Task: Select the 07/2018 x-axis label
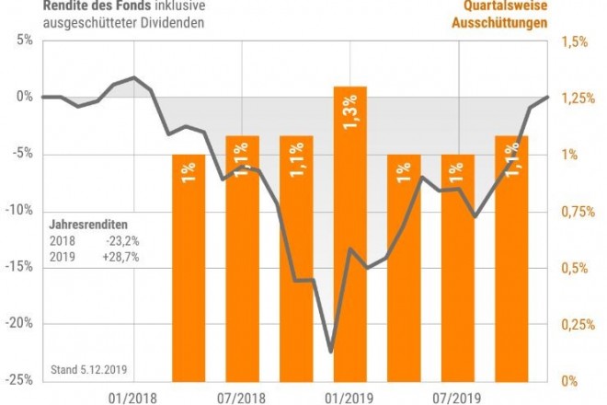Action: click(242, 397)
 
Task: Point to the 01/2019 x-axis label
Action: click(349, 397)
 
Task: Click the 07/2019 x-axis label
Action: click(457, 397)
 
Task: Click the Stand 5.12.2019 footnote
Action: click(88, 370)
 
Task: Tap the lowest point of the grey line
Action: click(330, 351)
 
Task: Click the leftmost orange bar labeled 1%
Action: click(189, 267)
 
